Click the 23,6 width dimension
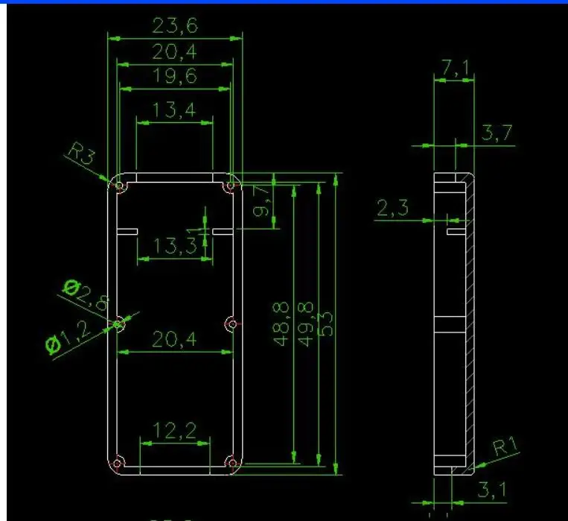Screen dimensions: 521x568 [x=175, y=26]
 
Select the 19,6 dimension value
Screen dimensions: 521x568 [x=175, y=77]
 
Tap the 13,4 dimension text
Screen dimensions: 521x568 [x=174, y=110]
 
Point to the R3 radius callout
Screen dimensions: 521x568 [x=82, y=157]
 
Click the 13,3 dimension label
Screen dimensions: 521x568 [x=176, y=245]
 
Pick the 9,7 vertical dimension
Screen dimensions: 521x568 [x=261, y=201]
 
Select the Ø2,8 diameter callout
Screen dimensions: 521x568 [x=86, y=294]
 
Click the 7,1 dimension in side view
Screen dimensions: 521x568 [x=455, y=69]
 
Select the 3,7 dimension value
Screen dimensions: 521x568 [x=497, y=133]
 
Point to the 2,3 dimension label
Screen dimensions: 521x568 [x=392, y=208]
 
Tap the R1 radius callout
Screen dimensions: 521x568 [x=506, y=448]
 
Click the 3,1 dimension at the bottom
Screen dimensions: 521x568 [x=493, y=490]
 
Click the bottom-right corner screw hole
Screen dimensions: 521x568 [x=232, y=464]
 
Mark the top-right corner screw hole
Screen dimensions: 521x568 [x=232, y=184]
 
